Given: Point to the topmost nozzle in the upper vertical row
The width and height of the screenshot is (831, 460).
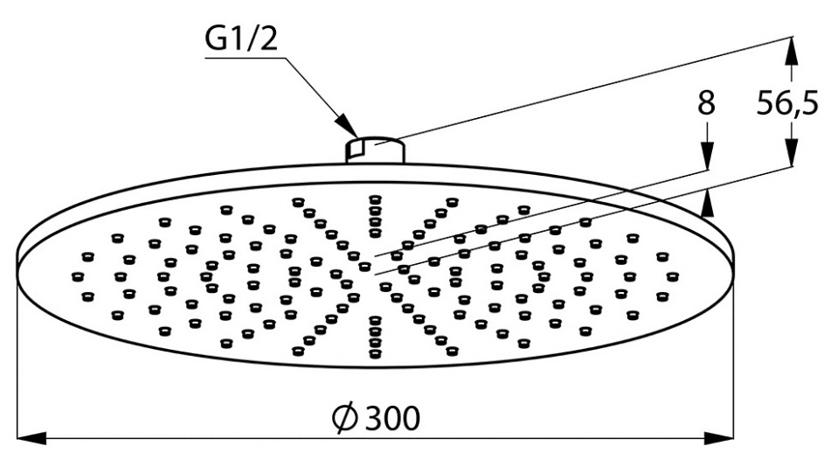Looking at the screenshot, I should click(376, 198).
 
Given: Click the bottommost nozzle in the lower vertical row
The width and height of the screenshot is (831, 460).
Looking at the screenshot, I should click(376, 354).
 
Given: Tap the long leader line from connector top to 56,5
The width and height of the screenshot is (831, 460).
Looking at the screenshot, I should click(594, 87).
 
